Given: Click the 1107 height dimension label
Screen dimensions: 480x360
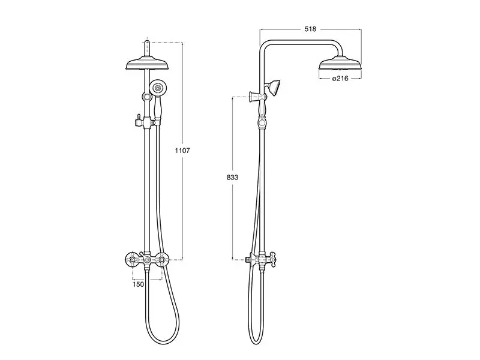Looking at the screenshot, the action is tap(182, 151).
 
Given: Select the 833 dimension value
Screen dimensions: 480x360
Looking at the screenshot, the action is tap(232, 177).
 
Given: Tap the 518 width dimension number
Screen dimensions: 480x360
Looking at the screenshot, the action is tap(310, 29).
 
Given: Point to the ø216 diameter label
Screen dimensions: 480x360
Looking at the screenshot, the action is tap(340, 79).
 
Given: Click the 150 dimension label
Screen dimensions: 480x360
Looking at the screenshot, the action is tap(138, 284).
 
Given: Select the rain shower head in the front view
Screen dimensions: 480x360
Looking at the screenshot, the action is tap(148, 64).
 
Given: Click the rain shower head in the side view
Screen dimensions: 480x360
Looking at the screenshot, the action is tap(340, 64).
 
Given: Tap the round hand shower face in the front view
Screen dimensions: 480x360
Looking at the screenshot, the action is tap(158, 88).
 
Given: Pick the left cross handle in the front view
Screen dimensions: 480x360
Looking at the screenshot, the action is tap(132, 260).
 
